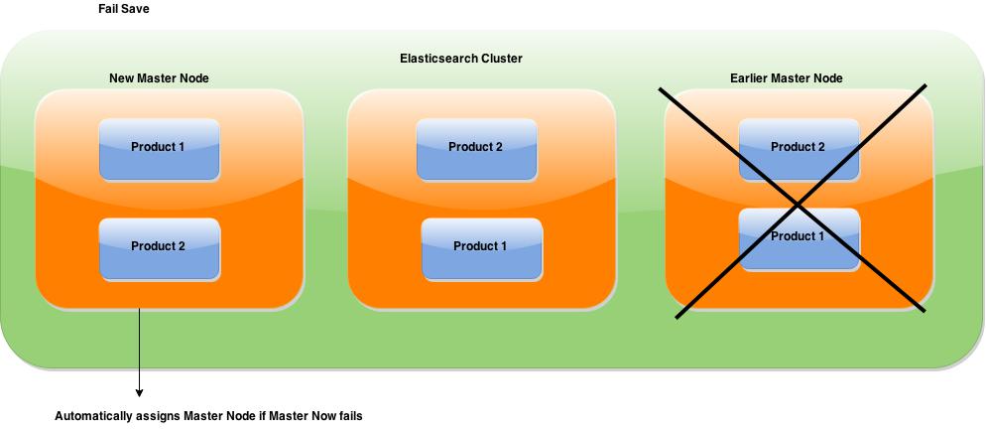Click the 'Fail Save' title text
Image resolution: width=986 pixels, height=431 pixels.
tap(124, 10)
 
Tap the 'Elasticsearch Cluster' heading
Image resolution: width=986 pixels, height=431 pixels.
tap(461, 59)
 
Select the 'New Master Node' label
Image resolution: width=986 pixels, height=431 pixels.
tap(159, 78)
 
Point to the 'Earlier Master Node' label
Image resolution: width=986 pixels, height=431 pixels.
tap(786, 78)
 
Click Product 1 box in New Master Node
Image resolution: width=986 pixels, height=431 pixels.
tap(160, 150)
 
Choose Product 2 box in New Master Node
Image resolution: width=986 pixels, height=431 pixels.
tap(160, 248)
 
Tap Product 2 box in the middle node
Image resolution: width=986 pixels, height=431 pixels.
tap(477, 150)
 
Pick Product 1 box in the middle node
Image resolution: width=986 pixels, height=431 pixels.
tap(481, 248)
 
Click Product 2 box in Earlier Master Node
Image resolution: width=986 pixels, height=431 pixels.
tap(799, 150)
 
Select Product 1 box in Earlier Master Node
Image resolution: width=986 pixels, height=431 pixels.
tap(799, 239)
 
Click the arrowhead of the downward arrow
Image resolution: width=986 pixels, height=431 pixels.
tap(139, 392)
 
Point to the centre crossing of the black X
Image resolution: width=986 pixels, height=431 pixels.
tap(798, 204)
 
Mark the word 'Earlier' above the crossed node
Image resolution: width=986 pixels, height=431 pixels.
tap(749, 78)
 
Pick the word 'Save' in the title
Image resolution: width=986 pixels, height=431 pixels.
tap(137, 10)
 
